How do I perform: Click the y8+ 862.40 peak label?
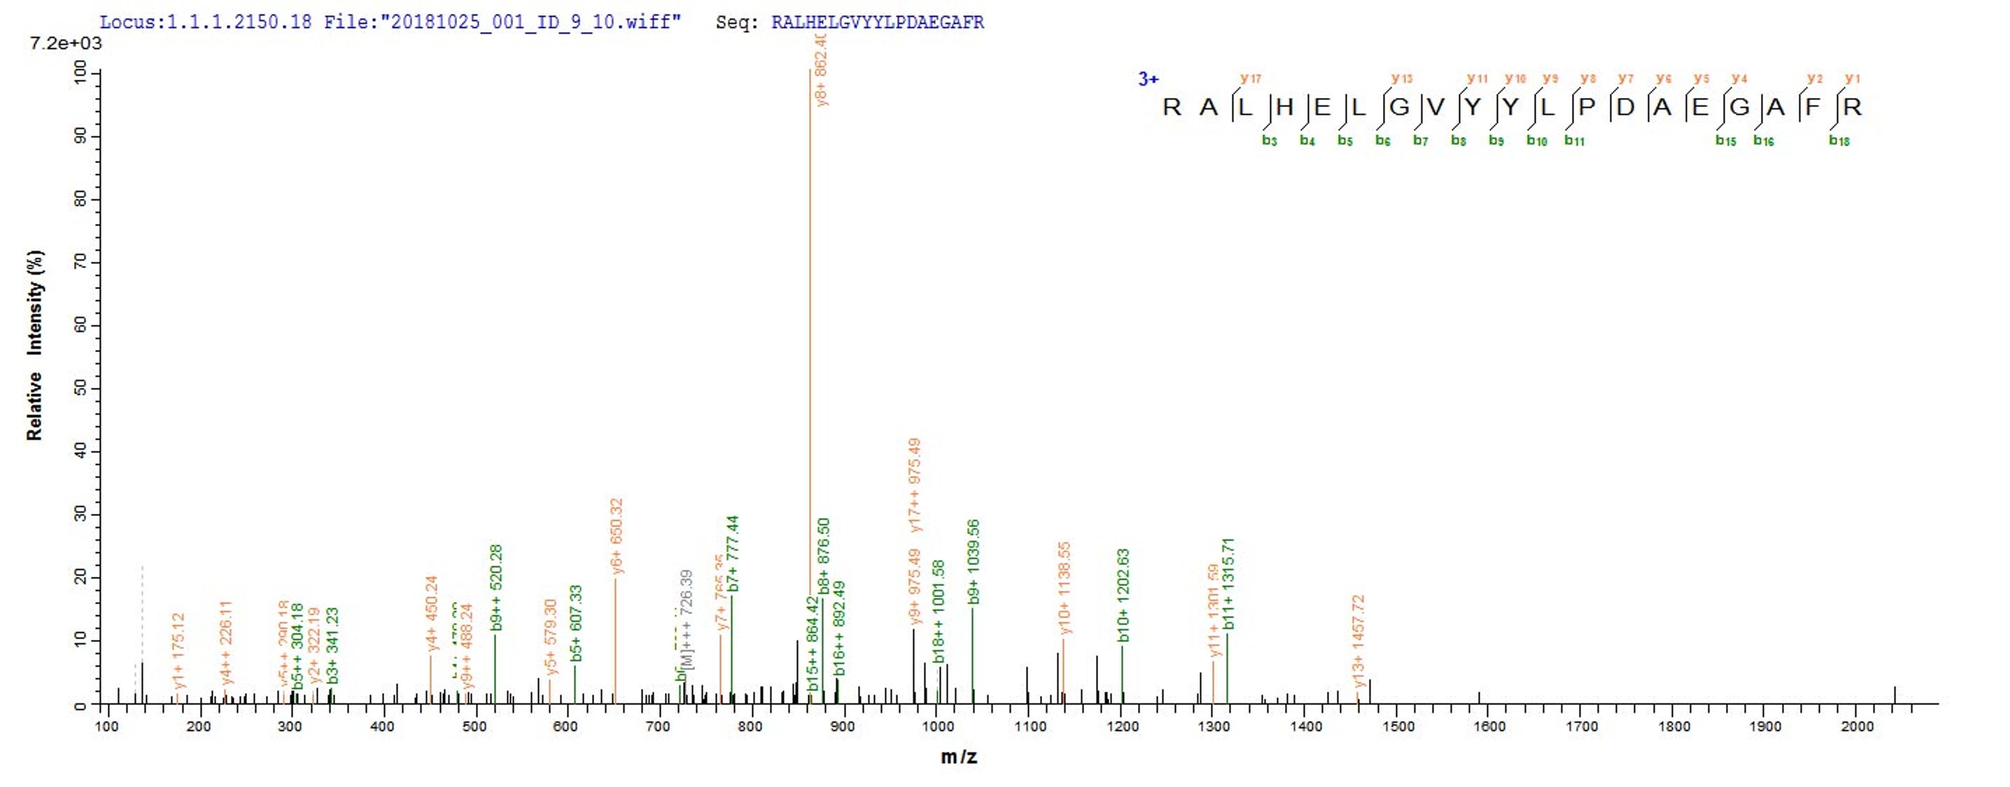coord(820,70)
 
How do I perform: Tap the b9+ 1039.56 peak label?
coord(973,561)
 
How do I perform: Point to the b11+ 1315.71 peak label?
coord(1229,583)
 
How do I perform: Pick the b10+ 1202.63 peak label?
coord(1124,595)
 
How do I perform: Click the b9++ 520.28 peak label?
coord(496,587)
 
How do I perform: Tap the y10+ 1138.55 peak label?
coord(1064,588)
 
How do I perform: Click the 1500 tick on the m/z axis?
coord(1398,727)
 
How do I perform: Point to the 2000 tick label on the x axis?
coord(1857,727)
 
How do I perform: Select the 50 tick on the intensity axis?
coord(80,389)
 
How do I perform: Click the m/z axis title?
coord(959,757)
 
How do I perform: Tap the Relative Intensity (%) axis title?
coord(35,345)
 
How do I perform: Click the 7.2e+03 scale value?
coord(65,43)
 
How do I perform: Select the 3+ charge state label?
coord(1148,79)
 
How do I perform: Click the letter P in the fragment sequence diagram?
coord(1587,107)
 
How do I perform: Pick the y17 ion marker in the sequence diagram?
coord(1251,78)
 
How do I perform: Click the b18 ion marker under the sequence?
coord(1839,141)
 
